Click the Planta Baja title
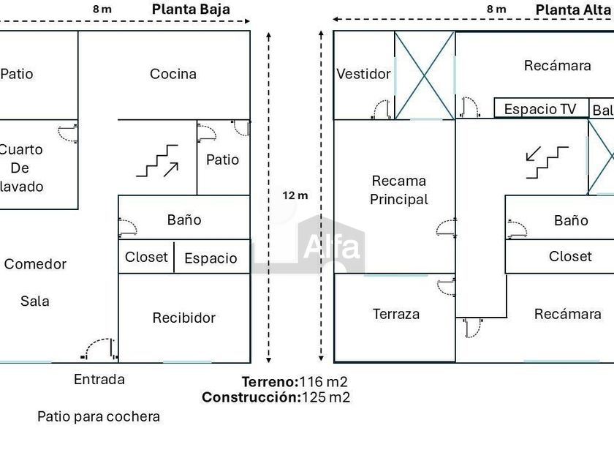[x=191, y=10]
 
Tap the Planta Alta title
[x=574, y=10]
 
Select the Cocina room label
[x=173, y=74]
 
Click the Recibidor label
[x=184, y=318]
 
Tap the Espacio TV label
[x=540, y=109]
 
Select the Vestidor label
[x=363, y=74]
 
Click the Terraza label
[x=396, y=314]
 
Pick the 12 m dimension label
[x=296, y=195]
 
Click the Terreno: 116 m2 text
[x=295, y=382]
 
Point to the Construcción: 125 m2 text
[x=276, y=398]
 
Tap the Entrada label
[x=99, y=380]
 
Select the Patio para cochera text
[x=99, y=417]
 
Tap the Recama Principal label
[x=398, y=190]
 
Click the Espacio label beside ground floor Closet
[x=211, y=258]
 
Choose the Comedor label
[x=35, y=264]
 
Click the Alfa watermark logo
[x=330, y=246]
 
